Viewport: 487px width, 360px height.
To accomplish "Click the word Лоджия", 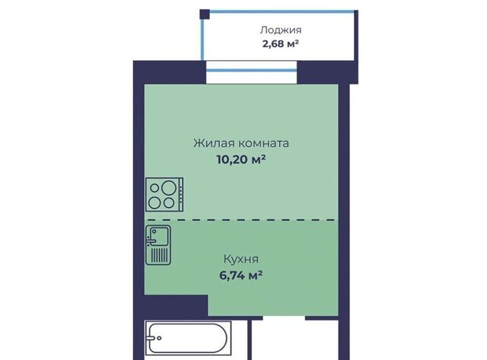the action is tap(281, 30).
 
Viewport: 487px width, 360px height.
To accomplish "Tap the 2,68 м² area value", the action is tap(281, 44).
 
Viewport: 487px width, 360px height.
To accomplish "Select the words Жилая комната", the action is tap(241, 143).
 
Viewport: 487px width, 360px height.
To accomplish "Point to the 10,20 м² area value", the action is tap(241, 160).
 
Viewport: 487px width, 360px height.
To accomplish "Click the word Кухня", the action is tap(241, 259).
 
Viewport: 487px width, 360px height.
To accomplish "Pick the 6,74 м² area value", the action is tap(241, 276).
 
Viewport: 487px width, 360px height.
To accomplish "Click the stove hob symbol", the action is tap(164, 195).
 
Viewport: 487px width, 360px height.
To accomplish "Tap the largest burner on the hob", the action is tap(169, 187).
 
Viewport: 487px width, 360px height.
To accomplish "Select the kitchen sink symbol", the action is tap(158, 245).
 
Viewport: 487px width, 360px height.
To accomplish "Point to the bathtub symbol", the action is tap(188, 338).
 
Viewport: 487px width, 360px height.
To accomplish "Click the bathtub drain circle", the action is tap(159, 338).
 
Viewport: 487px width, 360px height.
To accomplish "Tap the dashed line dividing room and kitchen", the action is tap(241, 220).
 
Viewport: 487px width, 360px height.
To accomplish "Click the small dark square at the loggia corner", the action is tap(205, 14).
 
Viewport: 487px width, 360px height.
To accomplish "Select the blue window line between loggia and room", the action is tap(252, 70).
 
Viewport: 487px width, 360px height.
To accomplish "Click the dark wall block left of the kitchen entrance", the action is tap(176, 306).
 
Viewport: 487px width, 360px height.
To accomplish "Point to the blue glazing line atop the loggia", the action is tap(282, 12).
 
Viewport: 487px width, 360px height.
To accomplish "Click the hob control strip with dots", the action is tap(180, 195).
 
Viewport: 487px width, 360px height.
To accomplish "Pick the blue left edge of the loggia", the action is tap(202, 40).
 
